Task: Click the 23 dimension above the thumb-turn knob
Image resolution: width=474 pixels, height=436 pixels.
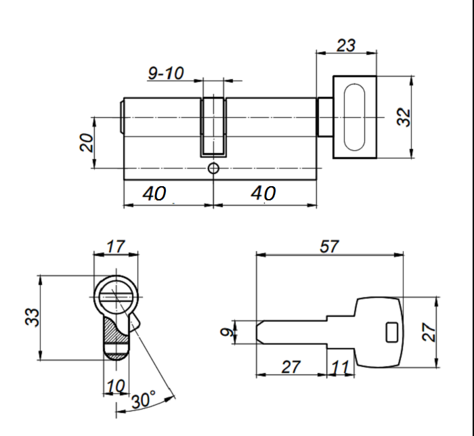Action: click(346, 45)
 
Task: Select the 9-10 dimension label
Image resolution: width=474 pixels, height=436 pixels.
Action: click(166, 73)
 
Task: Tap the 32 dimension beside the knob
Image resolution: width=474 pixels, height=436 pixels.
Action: click(404, 117)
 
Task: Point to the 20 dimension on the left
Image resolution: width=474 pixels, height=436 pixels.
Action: click(87, 142)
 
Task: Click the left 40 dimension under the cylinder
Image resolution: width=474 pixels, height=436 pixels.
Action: click(154, 194)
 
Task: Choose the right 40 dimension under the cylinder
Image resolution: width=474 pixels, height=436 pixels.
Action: click(263, 194)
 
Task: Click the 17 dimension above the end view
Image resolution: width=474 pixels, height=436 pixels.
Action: click(116, 246)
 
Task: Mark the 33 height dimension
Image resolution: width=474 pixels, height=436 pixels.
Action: click(32, 317)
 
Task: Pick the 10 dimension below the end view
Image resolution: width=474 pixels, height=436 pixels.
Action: click(116, 386)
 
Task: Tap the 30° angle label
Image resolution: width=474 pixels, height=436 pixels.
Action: click(144, 399)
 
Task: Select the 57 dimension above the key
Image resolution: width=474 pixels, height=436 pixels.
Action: click(329, 246)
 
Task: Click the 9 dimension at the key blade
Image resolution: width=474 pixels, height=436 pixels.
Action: click(227, 332)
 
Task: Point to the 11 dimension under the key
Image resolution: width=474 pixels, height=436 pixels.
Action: click(341, 367)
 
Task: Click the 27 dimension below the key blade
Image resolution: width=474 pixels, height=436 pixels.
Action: click(290, 367)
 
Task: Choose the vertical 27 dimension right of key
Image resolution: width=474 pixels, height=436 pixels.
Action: click(429, 332)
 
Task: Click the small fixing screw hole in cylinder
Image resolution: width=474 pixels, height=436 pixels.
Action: click(213, 169)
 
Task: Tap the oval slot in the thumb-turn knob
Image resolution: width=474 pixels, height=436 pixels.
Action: click(355, 117)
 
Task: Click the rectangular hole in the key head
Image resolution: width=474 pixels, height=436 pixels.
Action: click(392, 332)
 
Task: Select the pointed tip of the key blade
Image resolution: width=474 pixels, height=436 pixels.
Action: click(257, 332)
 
